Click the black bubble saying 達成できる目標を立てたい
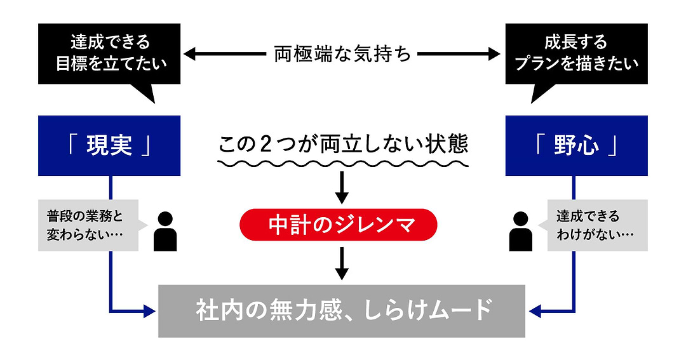tap(109, 54)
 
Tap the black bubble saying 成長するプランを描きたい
tap(576, 54)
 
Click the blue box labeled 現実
tap(109, 145)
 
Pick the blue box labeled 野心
tap(576, 145)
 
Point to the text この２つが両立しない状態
tap(342, 144)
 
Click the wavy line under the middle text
tap(342, 164)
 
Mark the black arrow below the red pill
tap(342, 263)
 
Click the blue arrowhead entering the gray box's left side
tap(151, 311)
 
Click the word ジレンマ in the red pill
tap(380, 224)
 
